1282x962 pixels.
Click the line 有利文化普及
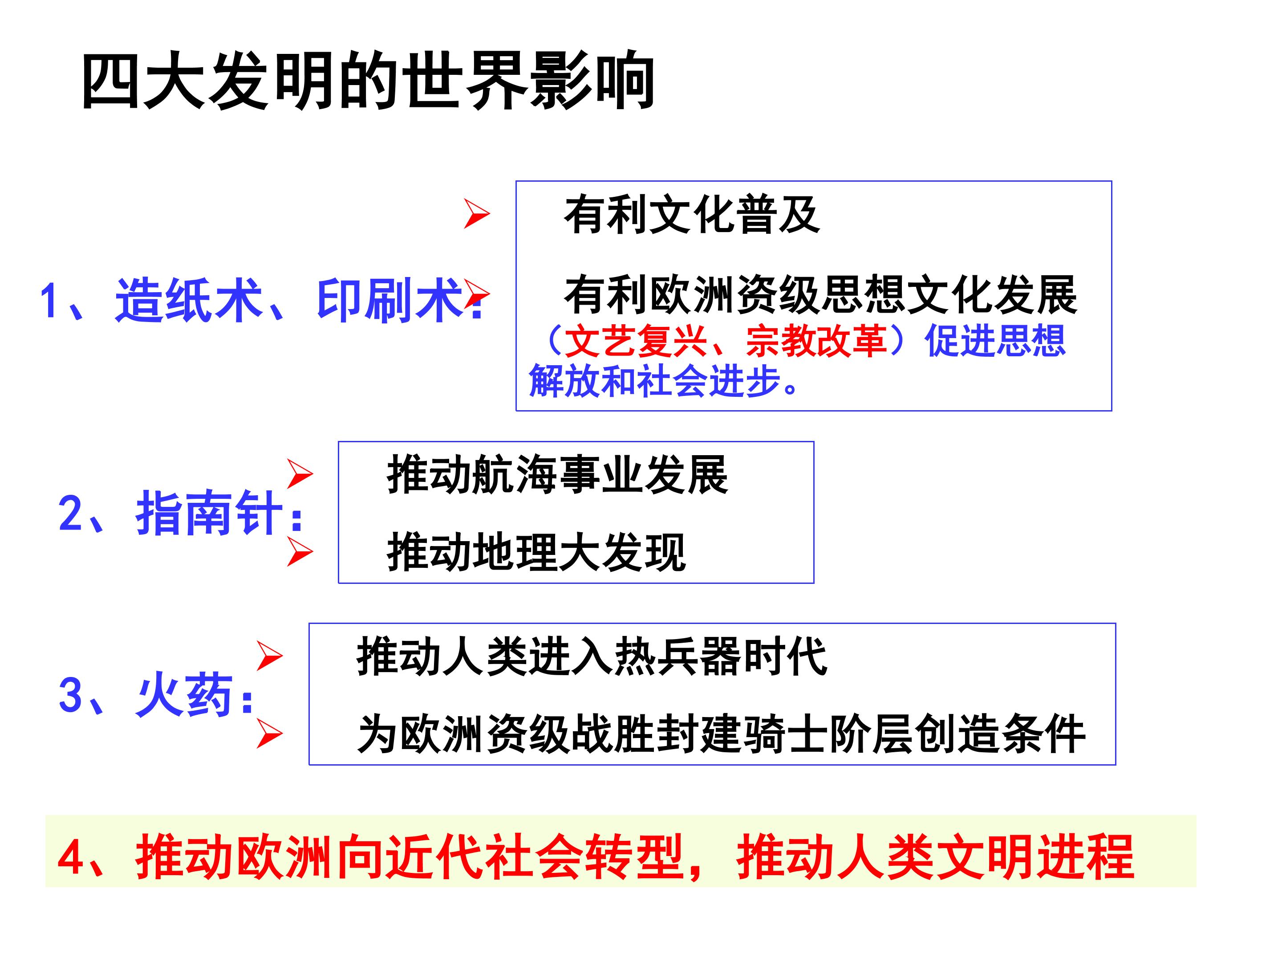pyautogui.click(x=692, y=215)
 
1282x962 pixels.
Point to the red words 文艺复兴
pyautogui.click(x=636, y=341)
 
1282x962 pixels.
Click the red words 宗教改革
pyautogui.click(x=815, y=341)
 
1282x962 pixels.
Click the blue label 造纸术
pyautogui.click(x=189, y=300)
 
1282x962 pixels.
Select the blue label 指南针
pyautogui.click(x=209, y=513)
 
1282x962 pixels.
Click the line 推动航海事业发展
pyautogui.click(x=558, y=475)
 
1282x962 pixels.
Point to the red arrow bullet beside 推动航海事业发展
pyautogui.click(x=300, y=474)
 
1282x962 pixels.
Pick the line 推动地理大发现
pyautogui.click(x=536, y=551)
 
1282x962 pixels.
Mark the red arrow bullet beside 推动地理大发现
pyautogui.click(x=300, y=551)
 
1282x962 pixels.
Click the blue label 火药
pyautogui.click(x=184, y=695)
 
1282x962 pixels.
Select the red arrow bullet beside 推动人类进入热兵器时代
pyautogui.click(x=269, y=656)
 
